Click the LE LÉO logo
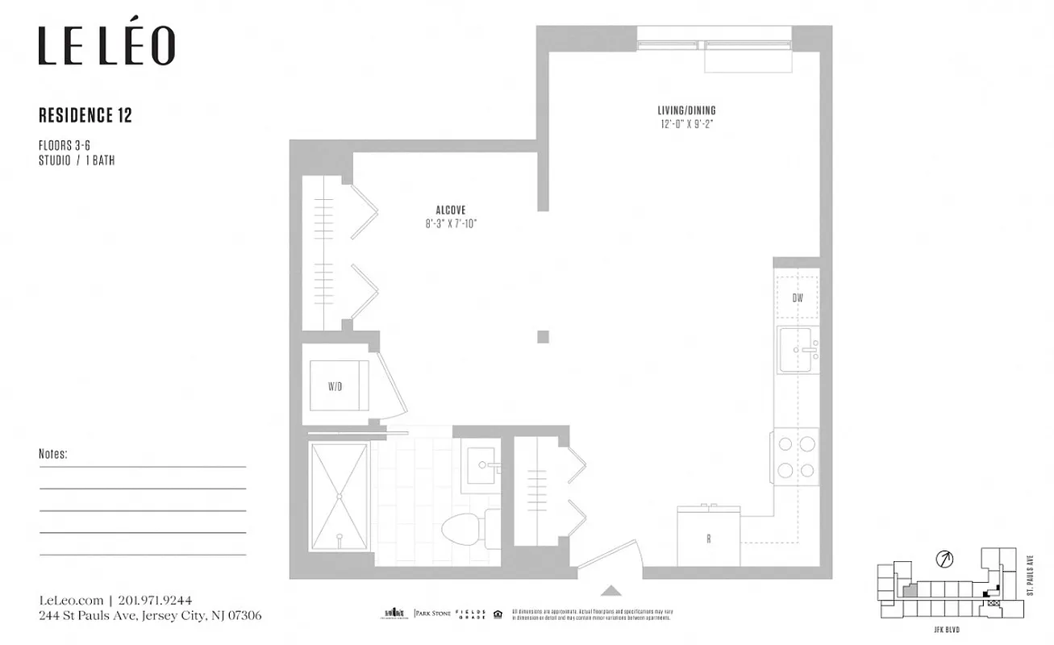[x=106, y=46]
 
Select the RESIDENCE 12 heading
[x=85, y=116]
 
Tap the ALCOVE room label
[x=451, y=210]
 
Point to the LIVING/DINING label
[x=685, y=110]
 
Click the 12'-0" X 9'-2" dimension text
[x=685, y=124]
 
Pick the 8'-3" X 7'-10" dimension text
[x=451, y=223]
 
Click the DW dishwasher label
[x=798, y=298]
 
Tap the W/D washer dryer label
[x=335, y=387]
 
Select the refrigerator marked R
[x=709, y=538]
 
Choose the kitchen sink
[x=798, y=350]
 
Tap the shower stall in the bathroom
[x=340, y=495]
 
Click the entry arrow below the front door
[x=611, y=590]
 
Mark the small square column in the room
[x=544, y=336]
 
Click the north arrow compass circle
[x=943, y=558]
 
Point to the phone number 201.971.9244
[x=155, y=601]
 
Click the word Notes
[x=53, y=455]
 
